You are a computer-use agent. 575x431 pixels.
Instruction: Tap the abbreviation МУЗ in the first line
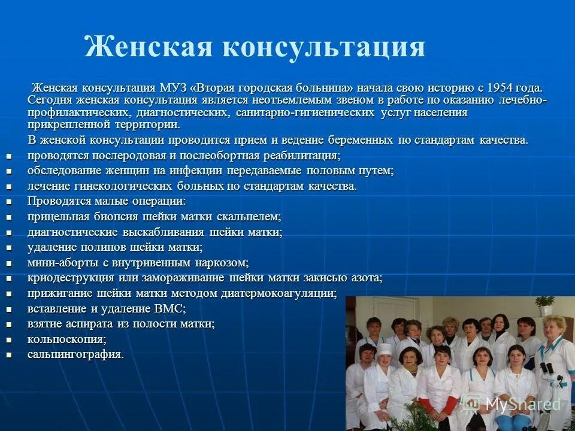click(x=174, y=88)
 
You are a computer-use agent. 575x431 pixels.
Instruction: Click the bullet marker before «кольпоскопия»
click(x=9, y=339)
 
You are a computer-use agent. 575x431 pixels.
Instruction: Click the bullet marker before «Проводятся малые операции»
click(x=9, y=202)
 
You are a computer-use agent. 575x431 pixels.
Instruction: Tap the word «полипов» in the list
click(x=96, y=247)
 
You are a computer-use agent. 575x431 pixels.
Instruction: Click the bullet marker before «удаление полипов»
click(x=9, y=247)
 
